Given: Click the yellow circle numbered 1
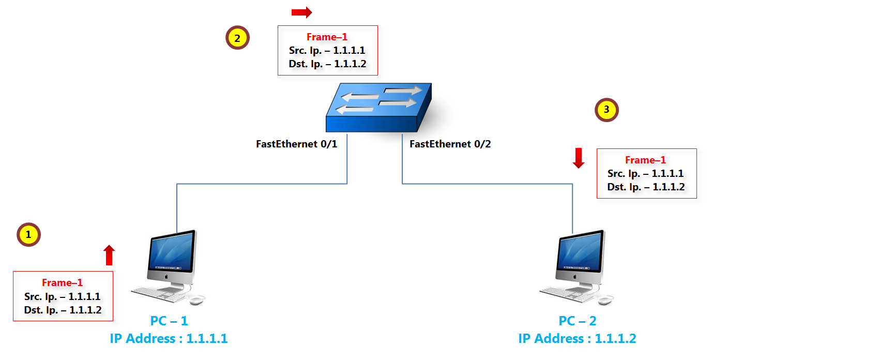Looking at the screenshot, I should [28, 235].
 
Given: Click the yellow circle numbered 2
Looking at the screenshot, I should [237, 38].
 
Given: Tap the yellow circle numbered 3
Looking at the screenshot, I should [607, 110].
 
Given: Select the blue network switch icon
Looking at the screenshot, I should [378, 108].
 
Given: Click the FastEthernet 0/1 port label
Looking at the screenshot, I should [296, 144].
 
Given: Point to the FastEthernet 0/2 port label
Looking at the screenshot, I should [450, 144].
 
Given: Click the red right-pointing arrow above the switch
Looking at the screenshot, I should [301, 12].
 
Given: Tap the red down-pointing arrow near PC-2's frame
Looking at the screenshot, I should [579, 158].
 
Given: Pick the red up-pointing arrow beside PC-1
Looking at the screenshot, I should [109, 255].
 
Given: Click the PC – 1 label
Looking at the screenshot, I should [169, 321].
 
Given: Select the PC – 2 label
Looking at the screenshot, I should [578, 321].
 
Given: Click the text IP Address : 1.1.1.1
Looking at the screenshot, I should [169, 339].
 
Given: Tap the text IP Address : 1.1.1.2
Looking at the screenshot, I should [577, 339].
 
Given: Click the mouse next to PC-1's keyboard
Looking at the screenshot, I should [196, 300].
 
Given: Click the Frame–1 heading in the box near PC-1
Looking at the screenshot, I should [62, 283].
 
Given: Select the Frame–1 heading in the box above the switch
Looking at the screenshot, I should [327, 37].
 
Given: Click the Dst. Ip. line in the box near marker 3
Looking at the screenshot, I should [646, 187].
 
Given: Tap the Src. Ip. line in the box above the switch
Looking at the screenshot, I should [327, 51].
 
